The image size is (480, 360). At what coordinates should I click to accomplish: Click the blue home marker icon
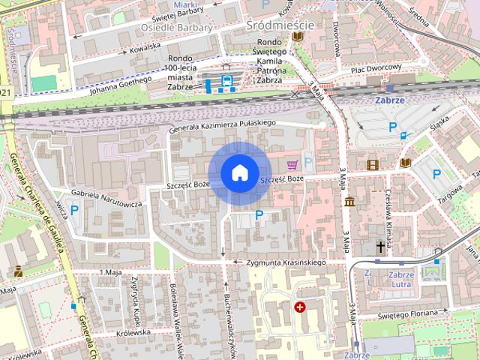[x=239, y=173]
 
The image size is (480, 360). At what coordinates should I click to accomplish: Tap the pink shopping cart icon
[x=292, y=163]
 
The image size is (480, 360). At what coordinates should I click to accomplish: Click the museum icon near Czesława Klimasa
[x=349, y=201]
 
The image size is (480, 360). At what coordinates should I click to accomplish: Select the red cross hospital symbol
[x=301, y=307]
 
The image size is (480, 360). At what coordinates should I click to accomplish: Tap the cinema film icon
[x=373, y=164]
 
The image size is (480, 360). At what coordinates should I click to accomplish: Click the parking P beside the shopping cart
[x=307, y=162]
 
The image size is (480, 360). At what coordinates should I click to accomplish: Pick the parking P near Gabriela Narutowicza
[x=74, y=209]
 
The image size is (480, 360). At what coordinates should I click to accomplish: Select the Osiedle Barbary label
[x=177, y=28]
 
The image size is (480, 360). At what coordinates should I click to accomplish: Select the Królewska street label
[x=134, y=331]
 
